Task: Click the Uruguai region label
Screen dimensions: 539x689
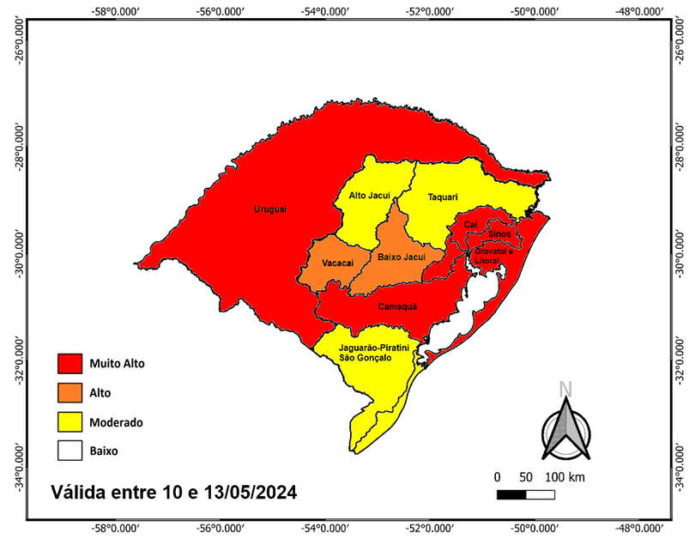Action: click(x=270, y=209)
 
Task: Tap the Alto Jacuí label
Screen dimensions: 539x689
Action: click(x=370, y=196)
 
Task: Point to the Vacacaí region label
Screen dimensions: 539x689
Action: click(x=338, y=263)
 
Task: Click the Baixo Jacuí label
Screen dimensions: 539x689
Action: click(x=402, y=257)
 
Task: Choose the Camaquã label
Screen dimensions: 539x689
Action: click(x=397, y=306)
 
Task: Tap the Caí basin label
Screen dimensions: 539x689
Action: click(x=469, y=225)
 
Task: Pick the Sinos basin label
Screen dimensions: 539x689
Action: click(x=499, y=233)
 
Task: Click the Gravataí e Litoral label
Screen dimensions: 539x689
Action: click(x=493, y=255)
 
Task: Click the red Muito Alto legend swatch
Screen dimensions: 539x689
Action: click(x=69, y=363)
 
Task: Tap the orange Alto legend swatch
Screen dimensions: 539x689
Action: click(x=69, y=392)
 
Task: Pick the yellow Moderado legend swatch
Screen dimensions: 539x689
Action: click(x=69, y=421)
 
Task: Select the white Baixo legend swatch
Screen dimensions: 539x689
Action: click(x=69, y=450)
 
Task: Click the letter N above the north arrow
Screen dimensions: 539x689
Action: click(x=565, y=389)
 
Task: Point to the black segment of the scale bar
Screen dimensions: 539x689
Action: click(x=511, y=494)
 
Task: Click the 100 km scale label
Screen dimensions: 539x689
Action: click(x=565, y=476)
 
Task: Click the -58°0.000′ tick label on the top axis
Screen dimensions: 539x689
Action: click(x=115, y=11)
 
